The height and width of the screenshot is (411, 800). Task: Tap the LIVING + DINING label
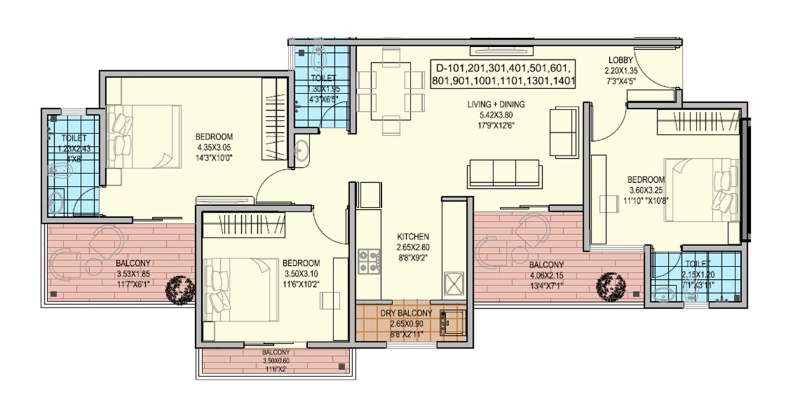pos(495,105)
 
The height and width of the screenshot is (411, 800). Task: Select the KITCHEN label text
pos(413,236)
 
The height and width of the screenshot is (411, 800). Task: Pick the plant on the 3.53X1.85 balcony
pos(181,287)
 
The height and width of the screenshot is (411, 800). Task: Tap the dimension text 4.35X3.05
pos(214,147)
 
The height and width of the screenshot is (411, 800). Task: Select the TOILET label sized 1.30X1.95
pos(323,78)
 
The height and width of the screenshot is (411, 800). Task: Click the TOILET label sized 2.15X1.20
pos(697,263)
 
